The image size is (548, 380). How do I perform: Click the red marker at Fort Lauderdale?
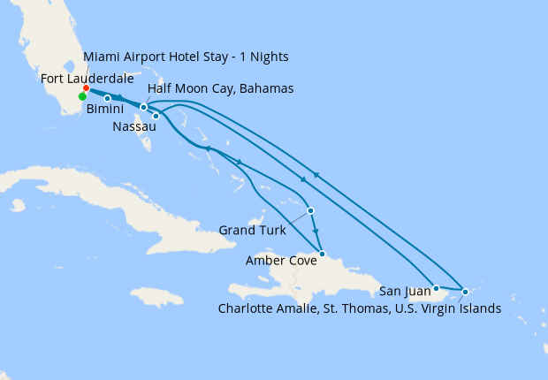click(x=86, y=88)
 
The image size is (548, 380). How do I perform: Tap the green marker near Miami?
click(x=83, y=97)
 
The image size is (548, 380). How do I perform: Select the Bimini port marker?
click(x=108, y=98)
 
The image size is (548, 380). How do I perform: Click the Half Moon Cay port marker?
click(x=143, y=107)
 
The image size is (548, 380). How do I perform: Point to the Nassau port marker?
click(x=156, y=116)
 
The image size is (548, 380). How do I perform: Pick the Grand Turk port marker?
click(x=310, y=210)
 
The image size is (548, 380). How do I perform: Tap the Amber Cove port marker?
click(x=323, y=255)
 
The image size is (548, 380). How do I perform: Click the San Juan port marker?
click(x=436, y=288)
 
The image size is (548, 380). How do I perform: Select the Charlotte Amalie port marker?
click(x=465, y=291)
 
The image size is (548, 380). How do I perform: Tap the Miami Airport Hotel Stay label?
click(x=186, y=57)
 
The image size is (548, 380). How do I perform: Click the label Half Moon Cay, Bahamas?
click(x=221, y=89)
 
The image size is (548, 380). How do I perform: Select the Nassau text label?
click(x=134, y=127)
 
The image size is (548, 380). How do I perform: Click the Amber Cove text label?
click(x=281, y=261)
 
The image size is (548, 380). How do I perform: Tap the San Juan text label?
click(x=404, y=290)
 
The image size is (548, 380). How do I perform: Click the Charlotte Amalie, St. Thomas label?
click(x=359, y=308)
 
